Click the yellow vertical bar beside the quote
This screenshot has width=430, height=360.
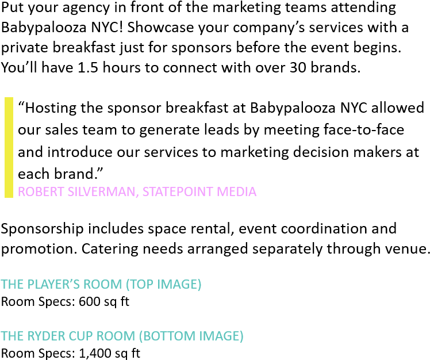tap(9, 147)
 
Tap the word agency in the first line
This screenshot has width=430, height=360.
tap(86, 8)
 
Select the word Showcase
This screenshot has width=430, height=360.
tap(160, 27)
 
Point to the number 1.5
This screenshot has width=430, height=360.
tap(88, 67)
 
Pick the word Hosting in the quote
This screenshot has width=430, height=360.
tap(51, 108)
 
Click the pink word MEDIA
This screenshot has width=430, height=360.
tap(236, 192)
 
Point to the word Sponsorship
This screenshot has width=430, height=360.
tap(42, 229)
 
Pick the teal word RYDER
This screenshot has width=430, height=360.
tap(47, 336)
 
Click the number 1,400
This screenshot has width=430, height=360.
tap(95, 354)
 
